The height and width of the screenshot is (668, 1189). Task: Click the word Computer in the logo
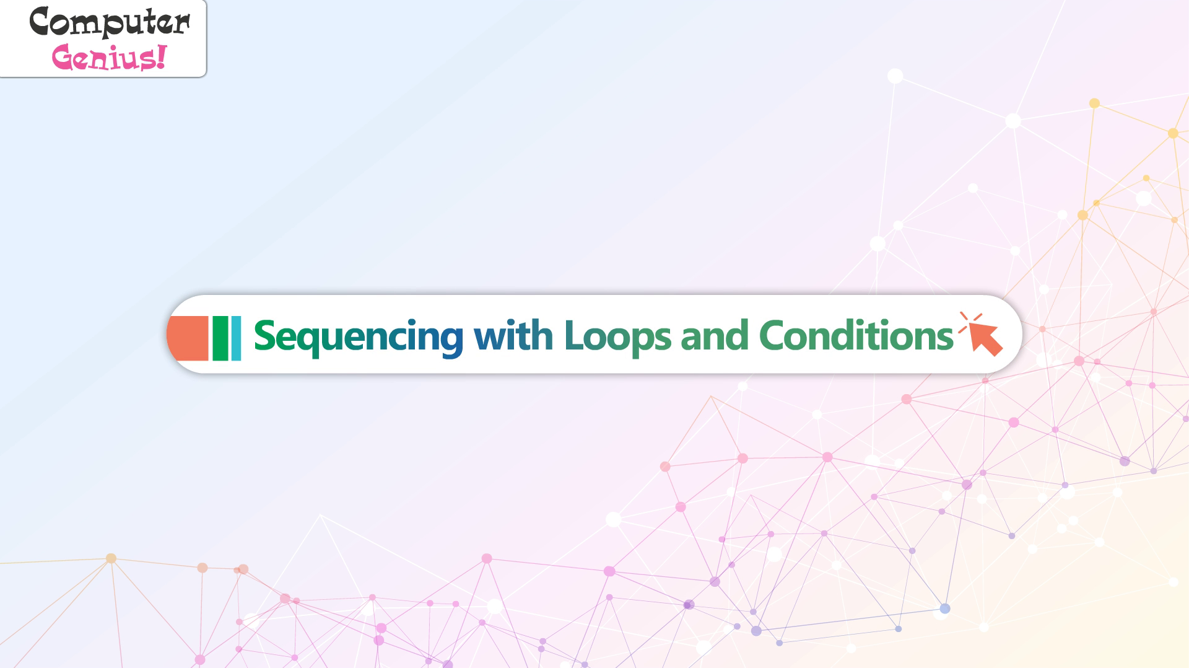coord(110,23)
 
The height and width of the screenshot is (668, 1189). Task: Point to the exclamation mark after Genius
coord(161,56)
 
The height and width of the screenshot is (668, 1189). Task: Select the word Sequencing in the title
coord(359,336)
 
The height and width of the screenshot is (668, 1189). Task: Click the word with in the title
coord(513,335)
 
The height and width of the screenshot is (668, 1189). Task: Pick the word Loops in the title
coord(617,336)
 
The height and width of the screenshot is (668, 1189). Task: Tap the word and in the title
coord(715,335)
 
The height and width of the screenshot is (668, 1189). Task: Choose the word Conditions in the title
coord(856,335)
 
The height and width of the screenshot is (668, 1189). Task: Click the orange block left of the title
coord(188,338)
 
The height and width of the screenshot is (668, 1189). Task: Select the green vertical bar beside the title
coord(220,338)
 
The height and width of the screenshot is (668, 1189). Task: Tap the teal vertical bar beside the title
coord(236,338)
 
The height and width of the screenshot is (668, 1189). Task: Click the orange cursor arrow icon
coord(985,339)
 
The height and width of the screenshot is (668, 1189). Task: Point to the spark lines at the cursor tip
coord(969,322)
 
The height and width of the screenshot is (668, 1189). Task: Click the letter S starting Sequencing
coord(264,335)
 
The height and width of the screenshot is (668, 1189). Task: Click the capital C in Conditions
coord(772,335)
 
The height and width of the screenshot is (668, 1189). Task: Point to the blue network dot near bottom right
coord(944,609)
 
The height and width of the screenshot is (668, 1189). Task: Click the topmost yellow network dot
coord(1094,103)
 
